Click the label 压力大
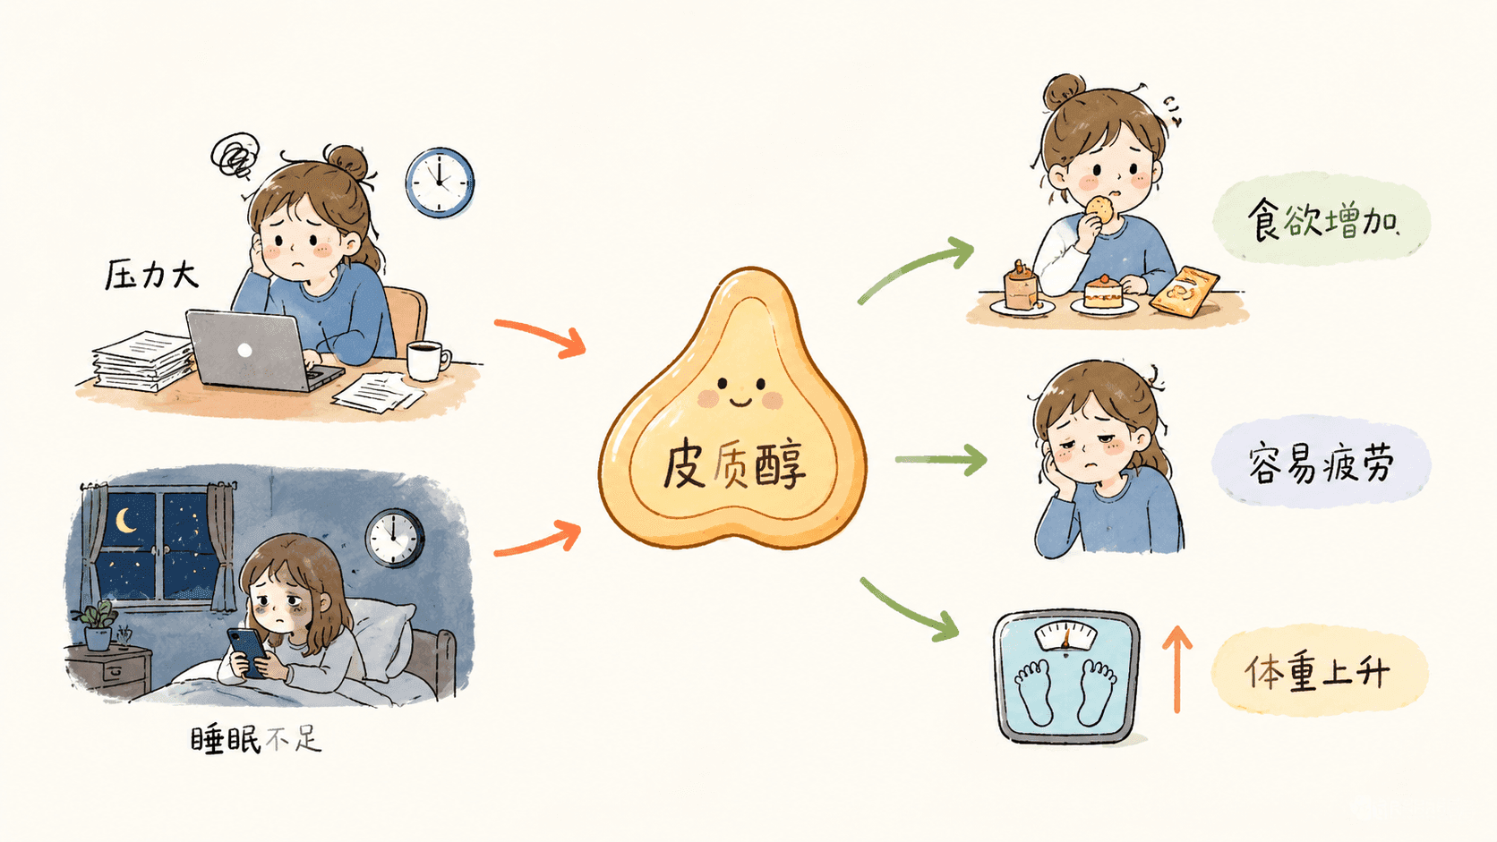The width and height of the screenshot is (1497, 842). coord(151,275)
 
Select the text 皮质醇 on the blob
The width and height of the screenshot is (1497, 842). coord(734,465)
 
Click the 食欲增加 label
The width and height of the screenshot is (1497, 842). coord(1322,219)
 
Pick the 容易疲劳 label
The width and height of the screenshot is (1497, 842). coord(1322,463)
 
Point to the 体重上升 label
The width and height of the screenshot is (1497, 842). coord(1317,671)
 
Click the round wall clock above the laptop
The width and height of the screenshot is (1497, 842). coord(440,183)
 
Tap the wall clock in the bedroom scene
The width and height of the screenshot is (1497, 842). coord(394,538)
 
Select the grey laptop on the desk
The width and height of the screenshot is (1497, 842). coord(260,352)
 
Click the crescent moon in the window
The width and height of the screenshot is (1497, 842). coord(125,521)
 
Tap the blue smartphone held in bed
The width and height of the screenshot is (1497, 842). coord(247,652)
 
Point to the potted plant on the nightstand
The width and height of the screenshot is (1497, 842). coord(98,625)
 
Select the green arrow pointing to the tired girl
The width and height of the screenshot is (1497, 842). coord(941,459)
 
